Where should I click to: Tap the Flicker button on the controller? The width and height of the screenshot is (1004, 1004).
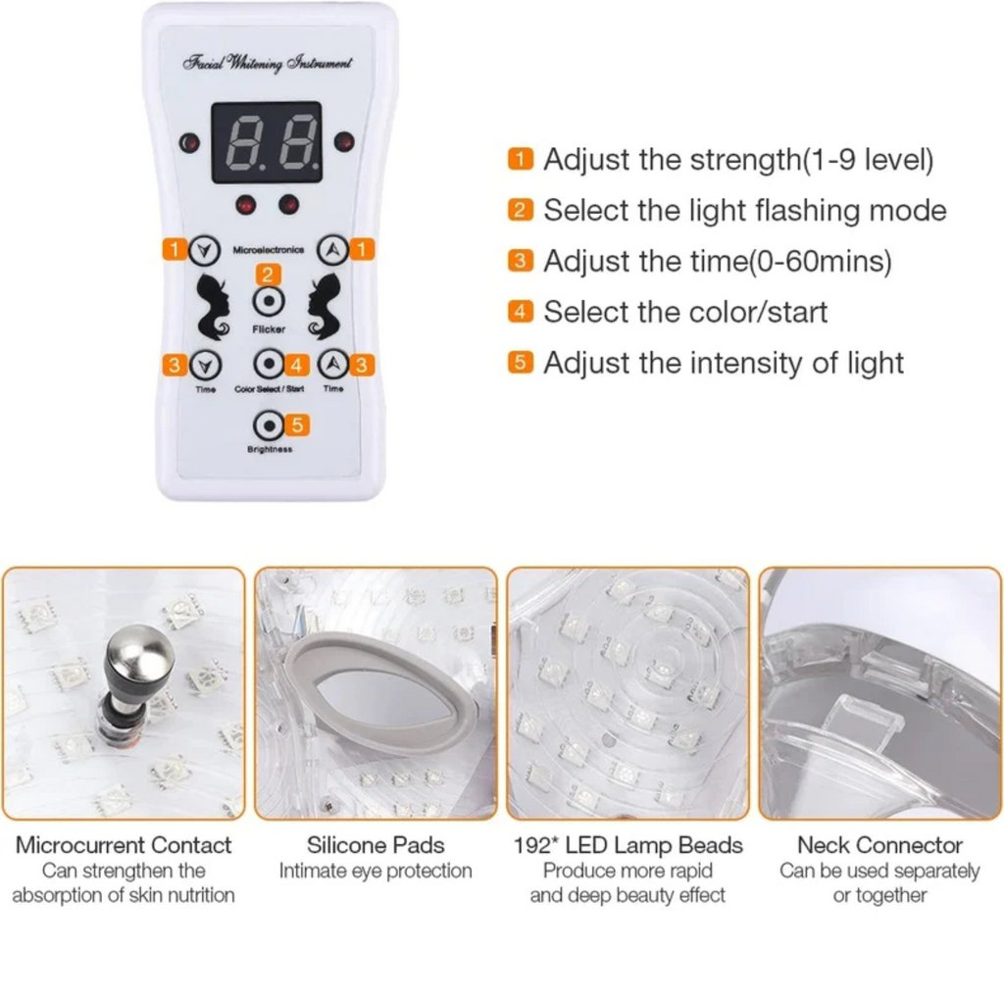(268, 302)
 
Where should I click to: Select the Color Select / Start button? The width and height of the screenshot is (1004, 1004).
(268, 365)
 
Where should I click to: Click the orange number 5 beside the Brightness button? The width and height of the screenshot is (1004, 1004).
(299, 426)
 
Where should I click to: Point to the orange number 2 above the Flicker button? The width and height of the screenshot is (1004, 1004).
(268, 276)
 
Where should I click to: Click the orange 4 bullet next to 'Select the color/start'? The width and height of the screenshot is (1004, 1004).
(521, 312)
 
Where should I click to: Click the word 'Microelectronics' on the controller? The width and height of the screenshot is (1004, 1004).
(268, 251)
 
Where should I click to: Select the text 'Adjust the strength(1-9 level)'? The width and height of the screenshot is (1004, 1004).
(738, 160)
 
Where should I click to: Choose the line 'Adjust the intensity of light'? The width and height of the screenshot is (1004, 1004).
(724, 363)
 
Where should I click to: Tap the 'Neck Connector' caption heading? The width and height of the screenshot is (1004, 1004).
(879, 845)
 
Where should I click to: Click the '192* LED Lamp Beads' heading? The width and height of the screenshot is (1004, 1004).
(627, 845)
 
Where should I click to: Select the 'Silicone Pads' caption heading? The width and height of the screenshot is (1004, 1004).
(376, 845)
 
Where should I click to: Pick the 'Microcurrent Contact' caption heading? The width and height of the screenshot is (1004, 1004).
(124, 845)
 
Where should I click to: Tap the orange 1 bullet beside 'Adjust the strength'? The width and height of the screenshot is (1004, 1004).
(521, 160)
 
